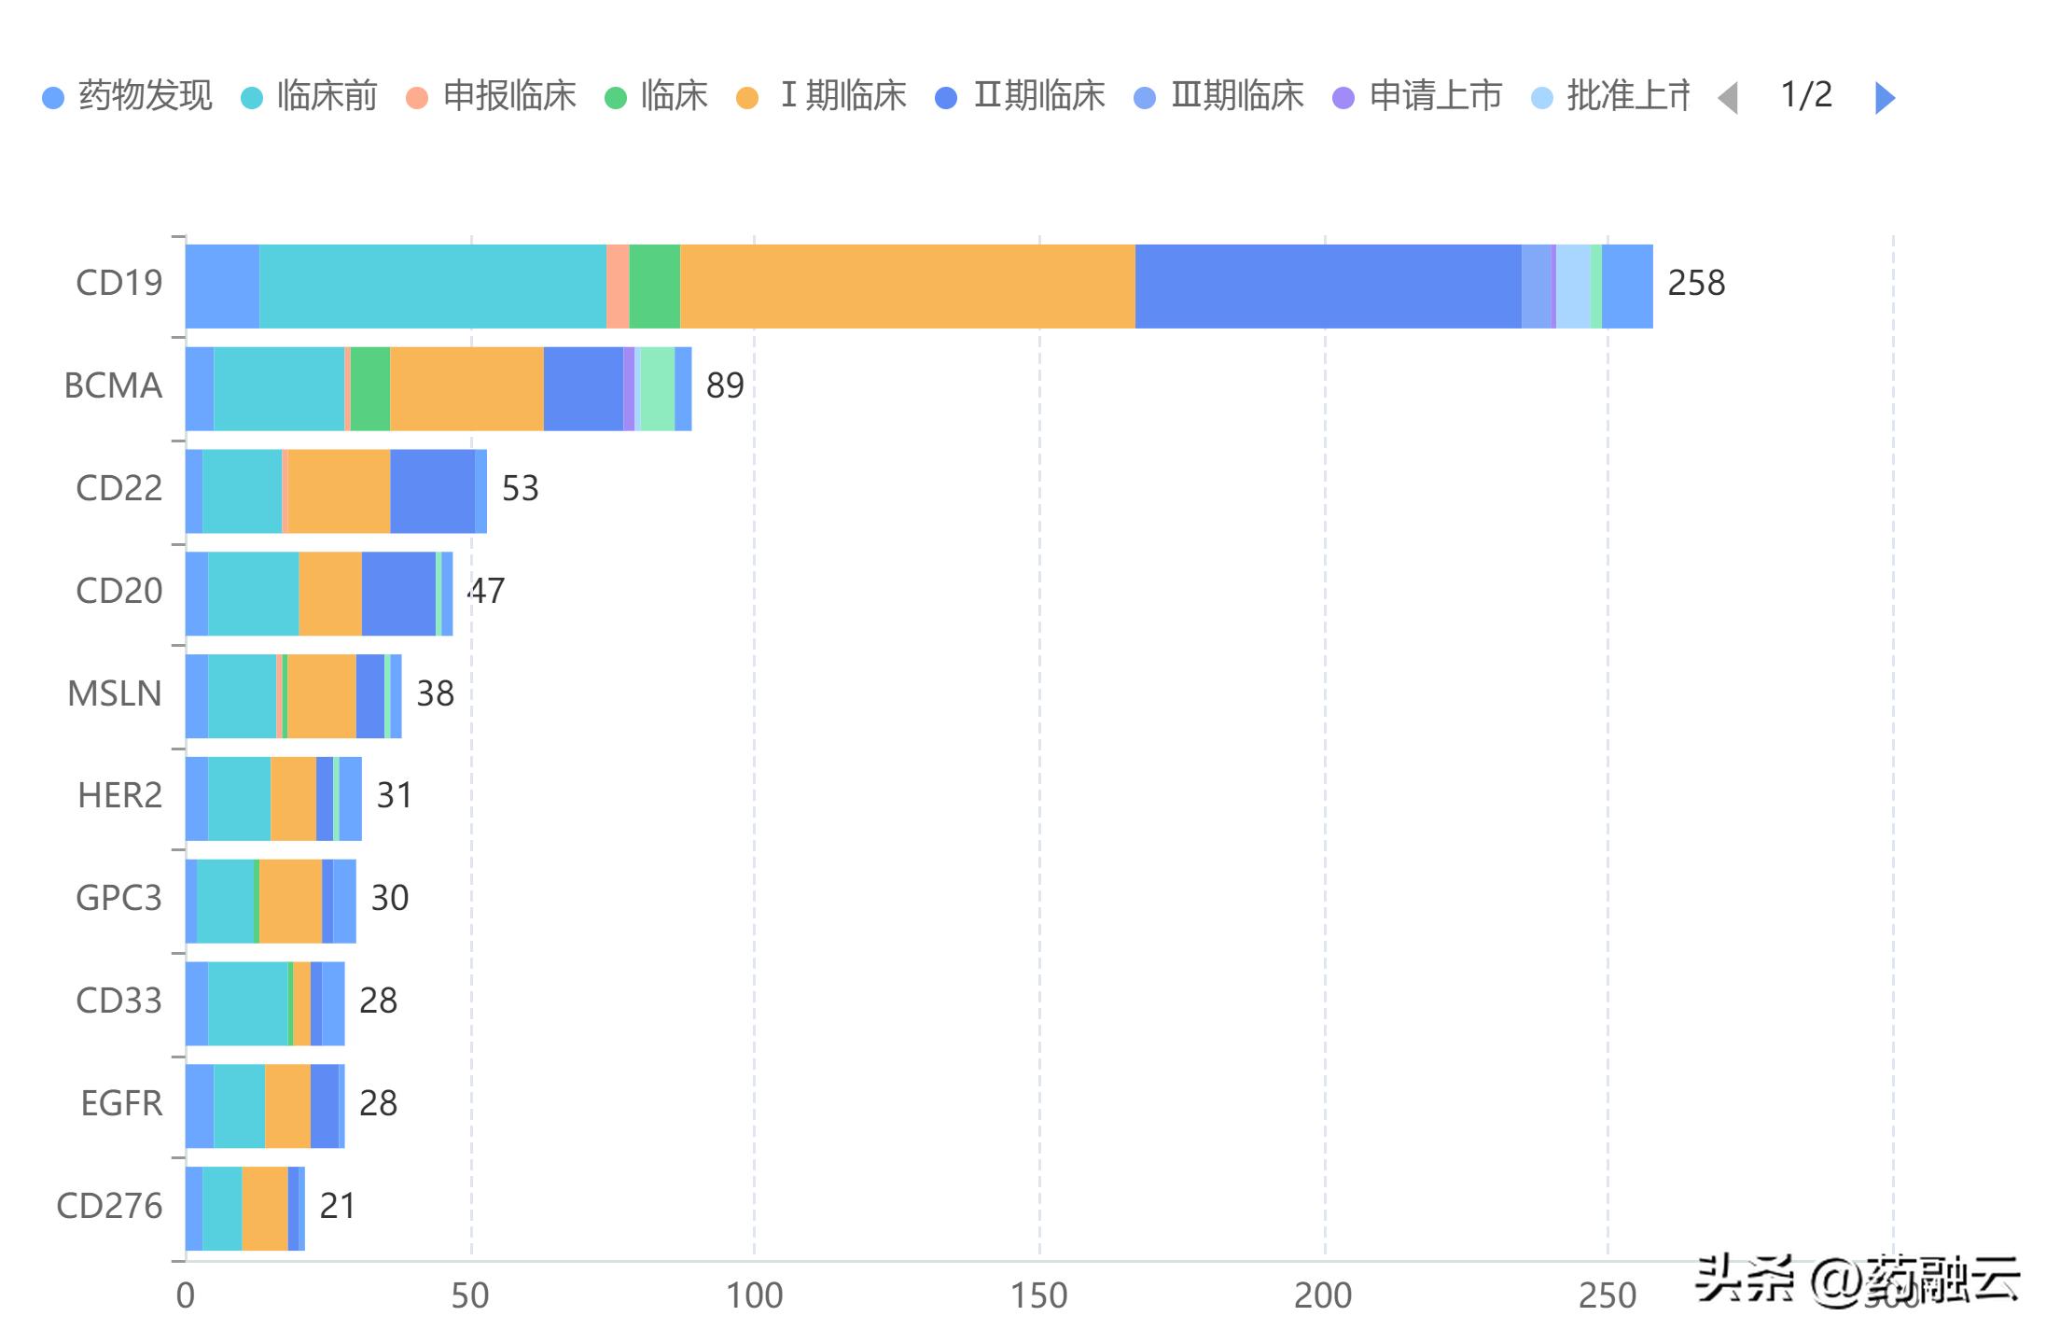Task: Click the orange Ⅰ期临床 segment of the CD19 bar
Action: pyautogui.click(x=907, y=287)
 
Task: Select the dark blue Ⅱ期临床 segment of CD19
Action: pyautogui.click(x=1328, y=287)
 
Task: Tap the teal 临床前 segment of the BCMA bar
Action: pyautogui.click(x=279, y=389)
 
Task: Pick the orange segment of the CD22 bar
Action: pyautogui.click(x=339, y=492)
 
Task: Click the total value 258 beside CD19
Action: pyautogui.click(x=1696, y=284)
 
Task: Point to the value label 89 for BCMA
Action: pyautogui.click(x=725, y=386)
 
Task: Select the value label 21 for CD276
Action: pyautogui.click(x=338, y=1207)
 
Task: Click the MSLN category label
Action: pyautogui.click(x=115, y=694)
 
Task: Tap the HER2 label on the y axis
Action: pyautogui.click(x=119, y=796)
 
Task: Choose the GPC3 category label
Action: pyautogui.click(x=118, y=899)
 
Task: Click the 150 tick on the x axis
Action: pyautogui.click(x=1039, y=1296)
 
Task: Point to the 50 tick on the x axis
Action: pyautogui.click(x=470, y=1296)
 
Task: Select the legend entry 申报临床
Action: pyautogui.click(x=493, y=96)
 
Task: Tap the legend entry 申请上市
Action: pyautogui.click(x=1418, y=96)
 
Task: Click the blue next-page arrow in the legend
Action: pyautogui.click(x=1885, y=97)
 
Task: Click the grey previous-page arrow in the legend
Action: pyautogui.click(x=1728, y=97)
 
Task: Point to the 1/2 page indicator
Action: pyautogui.click(x=1806, y=95)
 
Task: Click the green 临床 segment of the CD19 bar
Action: pyautogui.click(x=655, y=287)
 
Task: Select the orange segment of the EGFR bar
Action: pyautogui.click(x=287, y=1106)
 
